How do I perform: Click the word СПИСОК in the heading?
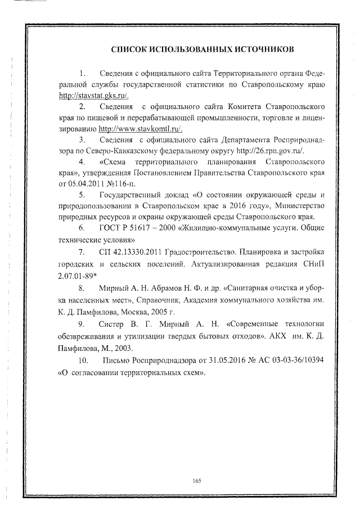130,50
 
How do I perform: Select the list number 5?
82,195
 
